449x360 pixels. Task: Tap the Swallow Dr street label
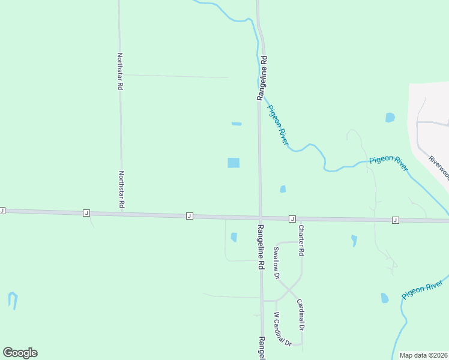277,263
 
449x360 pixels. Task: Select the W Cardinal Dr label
282,329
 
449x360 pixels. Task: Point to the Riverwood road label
439,167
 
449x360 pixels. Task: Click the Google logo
20,353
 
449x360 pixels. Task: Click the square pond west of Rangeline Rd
234,163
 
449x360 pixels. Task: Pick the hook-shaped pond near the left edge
13,300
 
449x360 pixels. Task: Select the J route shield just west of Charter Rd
292,218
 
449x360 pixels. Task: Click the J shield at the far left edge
2,211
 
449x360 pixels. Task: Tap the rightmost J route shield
395,220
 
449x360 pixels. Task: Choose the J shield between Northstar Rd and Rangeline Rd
189,215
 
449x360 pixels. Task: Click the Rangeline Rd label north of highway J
262,78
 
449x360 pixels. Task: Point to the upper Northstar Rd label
120,71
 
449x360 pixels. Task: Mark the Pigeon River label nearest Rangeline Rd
278,124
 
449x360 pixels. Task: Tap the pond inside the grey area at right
390,117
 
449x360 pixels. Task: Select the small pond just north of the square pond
237,124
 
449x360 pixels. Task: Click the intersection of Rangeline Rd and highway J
261,217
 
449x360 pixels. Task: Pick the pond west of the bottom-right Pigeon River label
385,298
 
